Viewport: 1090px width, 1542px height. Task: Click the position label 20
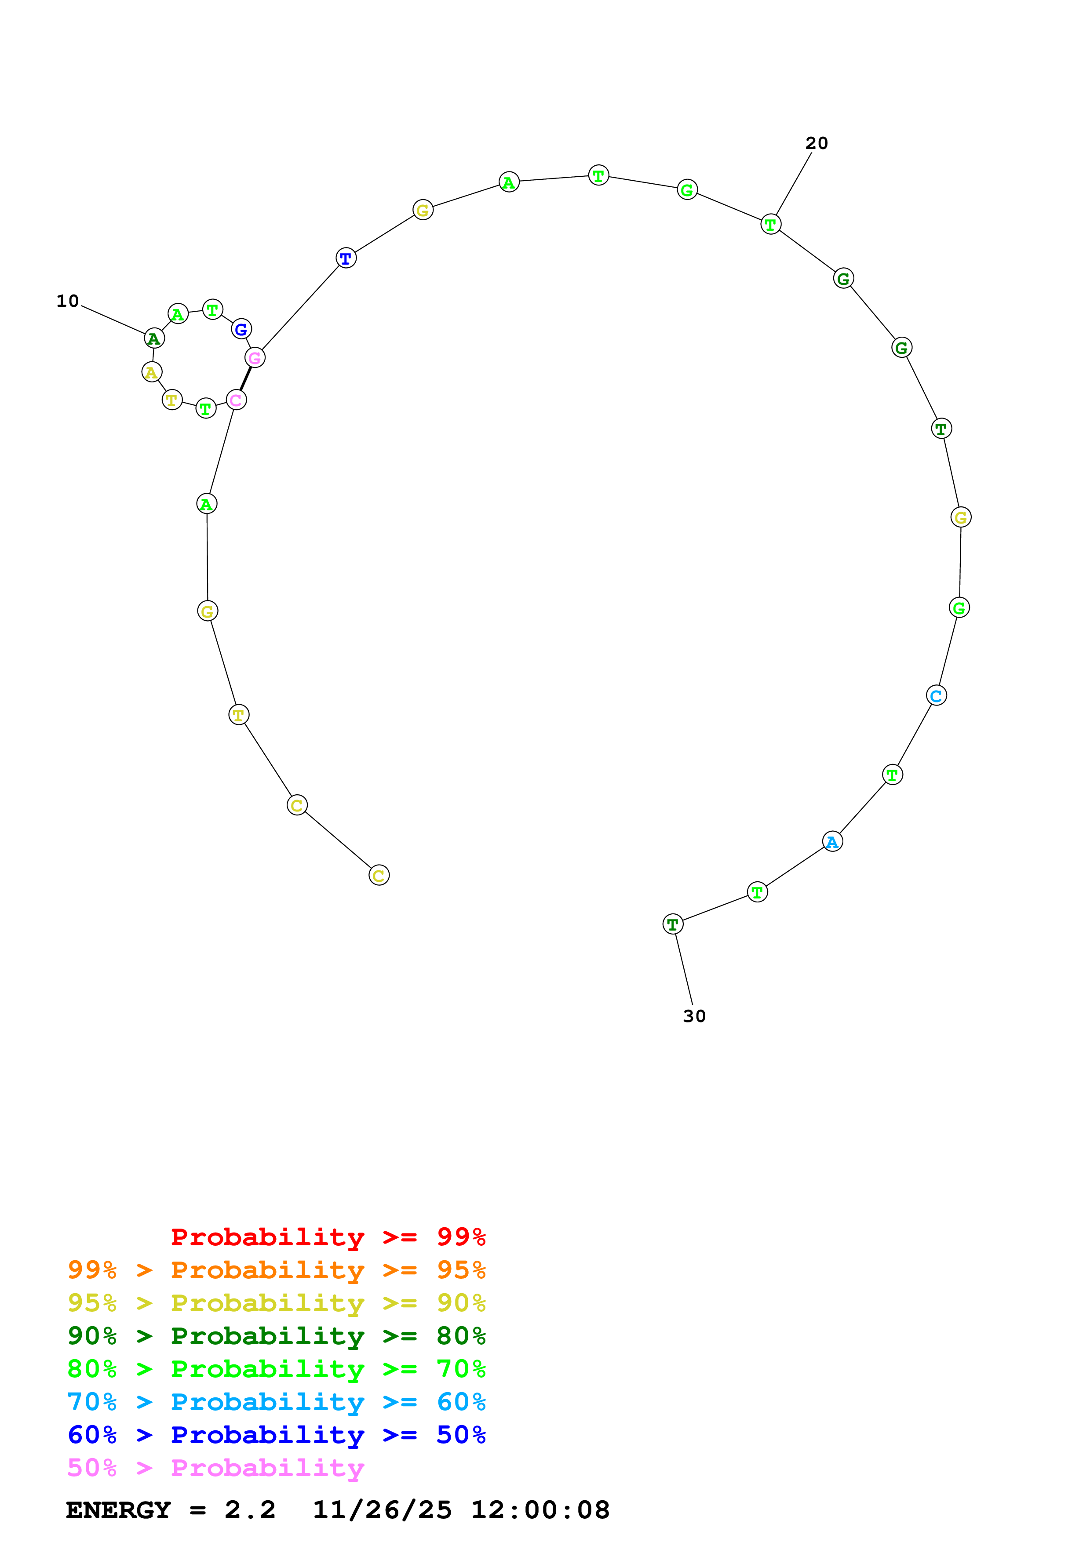tap(816, 143)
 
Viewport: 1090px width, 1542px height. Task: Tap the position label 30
tap(694, 1016)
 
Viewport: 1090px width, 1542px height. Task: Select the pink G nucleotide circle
tap(255, 357)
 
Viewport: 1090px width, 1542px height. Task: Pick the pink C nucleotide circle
tap(236, 400)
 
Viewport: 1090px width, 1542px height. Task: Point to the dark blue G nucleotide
tap(241, 329)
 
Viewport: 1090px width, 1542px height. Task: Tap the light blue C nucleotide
tap(936, 696)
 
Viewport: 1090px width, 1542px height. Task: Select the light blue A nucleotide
tap(832, 841)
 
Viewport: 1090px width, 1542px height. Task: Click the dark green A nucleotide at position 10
tap(154, 338)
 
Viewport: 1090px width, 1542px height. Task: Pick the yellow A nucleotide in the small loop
tap(152, 372)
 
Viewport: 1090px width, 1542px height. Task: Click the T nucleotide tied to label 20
tap(770, 224)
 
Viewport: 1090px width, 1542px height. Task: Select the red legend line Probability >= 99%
tap(328, 1237)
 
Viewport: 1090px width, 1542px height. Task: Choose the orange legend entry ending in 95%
tap(276, 1270)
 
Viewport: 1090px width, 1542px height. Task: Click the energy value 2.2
tap(250, 1510)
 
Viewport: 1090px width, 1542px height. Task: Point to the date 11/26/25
tap(382, 1510)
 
